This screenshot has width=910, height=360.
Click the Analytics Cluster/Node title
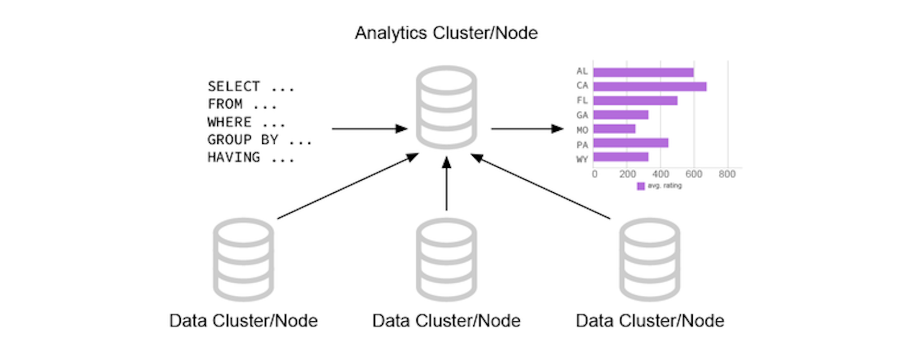(446, 33)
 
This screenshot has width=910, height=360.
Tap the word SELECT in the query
(234, 86)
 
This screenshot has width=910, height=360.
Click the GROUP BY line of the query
(259, 140)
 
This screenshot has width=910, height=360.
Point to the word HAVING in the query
(234, 158)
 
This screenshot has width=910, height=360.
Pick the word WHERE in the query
(229, 122)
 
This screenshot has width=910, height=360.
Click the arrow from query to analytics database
(370, 129)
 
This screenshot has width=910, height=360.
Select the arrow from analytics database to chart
(527, 129)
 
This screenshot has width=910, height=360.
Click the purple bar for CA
(650, 86)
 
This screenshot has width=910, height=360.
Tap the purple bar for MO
(614, 129)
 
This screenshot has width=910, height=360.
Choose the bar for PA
(630, 143)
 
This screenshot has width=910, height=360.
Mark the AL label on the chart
(582, 72)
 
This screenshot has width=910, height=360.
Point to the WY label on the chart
(582, 159)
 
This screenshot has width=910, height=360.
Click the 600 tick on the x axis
(694, 174)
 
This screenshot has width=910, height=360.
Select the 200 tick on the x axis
(627, 174)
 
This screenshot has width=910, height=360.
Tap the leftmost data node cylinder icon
(243, 259)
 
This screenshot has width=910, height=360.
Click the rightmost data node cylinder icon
(650, 259)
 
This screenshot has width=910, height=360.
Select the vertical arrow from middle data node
(446, 185)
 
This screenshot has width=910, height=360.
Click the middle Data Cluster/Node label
(446, 321)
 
